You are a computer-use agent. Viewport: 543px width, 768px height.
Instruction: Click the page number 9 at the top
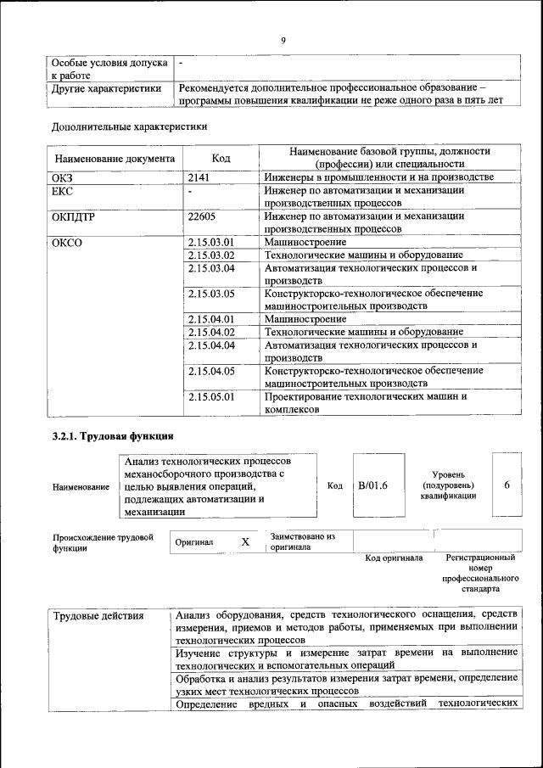(283, 40)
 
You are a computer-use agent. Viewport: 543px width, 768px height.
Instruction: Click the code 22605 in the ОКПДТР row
(202, 216)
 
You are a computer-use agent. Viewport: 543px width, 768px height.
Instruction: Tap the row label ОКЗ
(64, 177)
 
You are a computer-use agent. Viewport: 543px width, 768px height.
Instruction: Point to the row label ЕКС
(64, 191)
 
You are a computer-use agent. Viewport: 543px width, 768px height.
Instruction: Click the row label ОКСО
(67, 243)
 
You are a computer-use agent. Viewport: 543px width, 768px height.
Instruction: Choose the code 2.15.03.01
(210, 243)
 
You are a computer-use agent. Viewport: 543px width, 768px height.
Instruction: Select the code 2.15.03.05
(210, 293)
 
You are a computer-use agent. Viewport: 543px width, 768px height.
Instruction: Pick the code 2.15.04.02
(210, 332)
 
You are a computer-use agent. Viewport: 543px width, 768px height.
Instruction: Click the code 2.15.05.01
(210, 396)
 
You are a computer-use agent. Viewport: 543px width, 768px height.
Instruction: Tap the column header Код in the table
(221, 158)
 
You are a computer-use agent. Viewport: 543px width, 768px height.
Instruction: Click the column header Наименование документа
(115, 159)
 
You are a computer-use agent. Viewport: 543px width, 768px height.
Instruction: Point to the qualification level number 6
(507, 485)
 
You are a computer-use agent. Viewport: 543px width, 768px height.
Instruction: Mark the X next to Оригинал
(245, 541)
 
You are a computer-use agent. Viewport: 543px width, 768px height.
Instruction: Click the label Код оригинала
(394, 558)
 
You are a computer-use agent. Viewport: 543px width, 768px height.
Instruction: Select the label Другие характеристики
(106, 87)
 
